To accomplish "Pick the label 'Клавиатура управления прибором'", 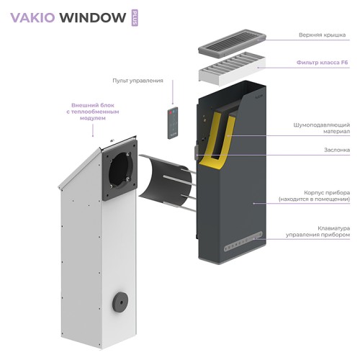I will (x=322, y=231).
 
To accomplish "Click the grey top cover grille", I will (x=231, y=42).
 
